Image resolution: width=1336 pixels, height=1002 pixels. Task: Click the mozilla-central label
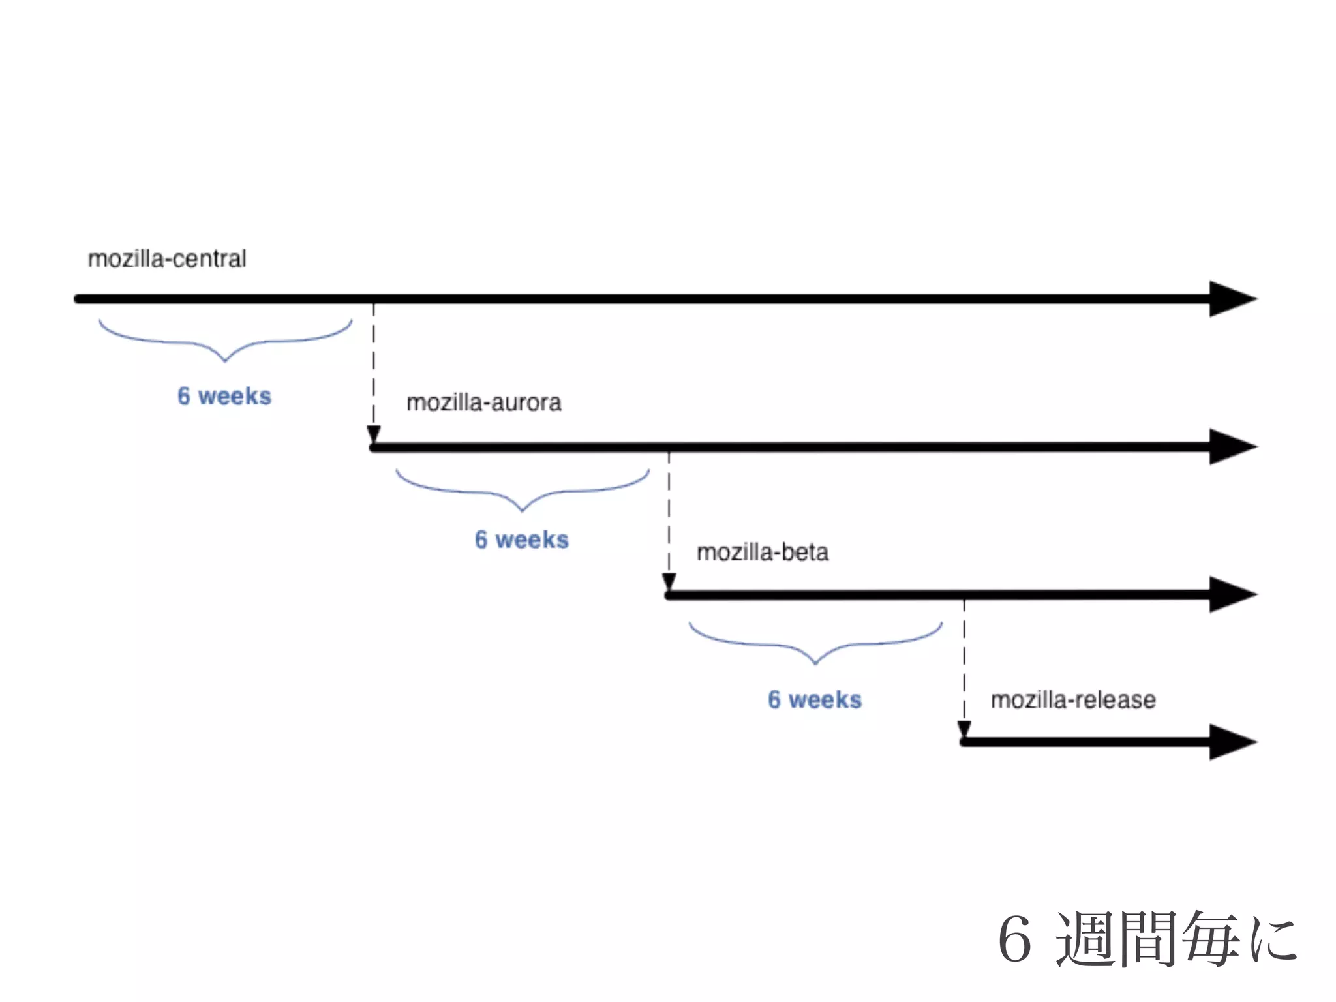click(x=167, y=259)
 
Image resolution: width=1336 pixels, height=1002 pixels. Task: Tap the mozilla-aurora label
click(x=483, y=402)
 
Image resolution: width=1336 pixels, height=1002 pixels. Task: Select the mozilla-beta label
click(x=762, y=553)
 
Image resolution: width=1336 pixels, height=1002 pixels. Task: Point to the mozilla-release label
click(x=1073, y=700)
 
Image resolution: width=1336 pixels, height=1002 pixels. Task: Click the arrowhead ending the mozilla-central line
click(x=1231, y=299)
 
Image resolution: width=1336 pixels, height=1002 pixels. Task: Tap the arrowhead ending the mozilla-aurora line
click(x=1231, y=447)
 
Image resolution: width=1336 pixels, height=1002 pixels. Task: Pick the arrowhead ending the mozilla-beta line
click(x=1231, y=594)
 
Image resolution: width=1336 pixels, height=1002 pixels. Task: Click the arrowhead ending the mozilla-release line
click(x=1231, y=742)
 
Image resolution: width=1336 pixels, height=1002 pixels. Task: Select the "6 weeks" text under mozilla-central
click(x=224, y=396)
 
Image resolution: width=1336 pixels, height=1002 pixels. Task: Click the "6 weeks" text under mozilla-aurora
click(x=521, y=539)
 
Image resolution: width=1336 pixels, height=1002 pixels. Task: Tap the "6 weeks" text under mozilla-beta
click(x=814, y=699)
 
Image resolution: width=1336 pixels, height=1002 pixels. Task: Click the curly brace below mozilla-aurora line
click(x=522, y=491)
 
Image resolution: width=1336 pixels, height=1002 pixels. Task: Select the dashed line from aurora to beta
click(x=669, y=515)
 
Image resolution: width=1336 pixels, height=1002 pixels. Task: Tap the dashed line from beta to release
click(x=964, y=662)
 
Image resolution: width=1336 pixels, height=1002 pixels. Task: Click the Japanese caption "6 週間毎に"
click(x=1147, y=939)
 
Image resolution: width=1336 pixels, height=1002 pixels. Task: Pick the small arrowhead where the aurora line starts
click(x=374, y=434)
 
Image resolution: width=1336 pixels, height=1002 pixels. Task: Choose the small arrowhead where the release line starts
click(x=964, y=729)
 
